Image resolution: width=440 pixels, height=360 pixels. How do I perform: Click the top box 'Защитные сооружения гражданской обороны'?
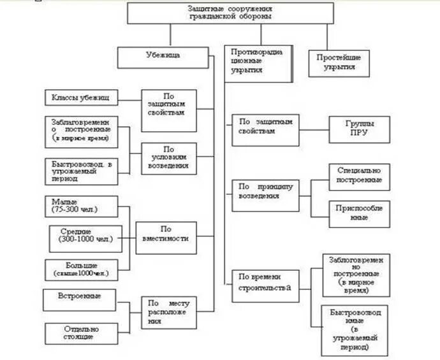point(230,13)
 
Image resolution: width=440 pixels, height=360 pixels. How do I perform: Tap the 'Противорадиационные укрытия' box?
point(258,63)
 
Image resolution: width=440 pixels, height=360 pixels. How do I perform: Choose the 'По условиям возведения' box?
point(168,157)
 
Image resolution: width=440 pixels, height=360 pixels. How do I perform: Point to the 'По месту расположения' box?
point(169,313)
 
